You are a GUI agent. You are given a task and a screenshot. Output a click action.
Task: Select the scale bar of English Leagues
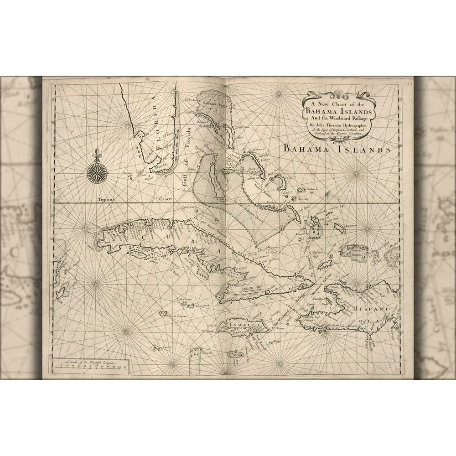(x=91, y=366)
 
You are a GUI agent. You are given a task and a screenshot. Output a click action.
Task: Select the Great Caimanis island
(x=163, y=314)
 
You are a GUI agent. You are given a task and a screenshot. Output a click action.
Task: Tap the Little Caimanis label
(x=186, y=299)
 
